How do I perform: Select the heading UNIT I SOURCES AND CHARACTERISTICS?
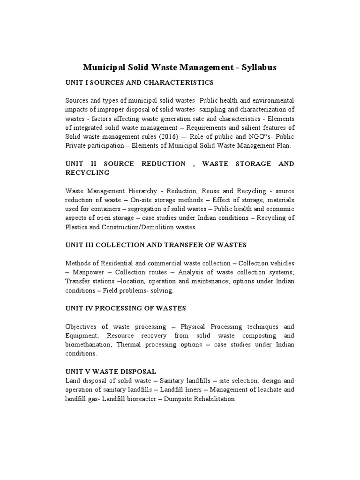[x=139, y=82]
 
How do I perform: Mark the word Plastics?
[x=76, y=227]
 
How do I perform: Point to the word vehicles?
[x=282, y=263]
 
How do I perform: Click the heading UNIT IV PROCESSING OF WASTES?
[x=125, y=308]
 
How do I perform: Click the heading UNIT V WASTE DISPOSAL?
[x=111, y=371]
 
